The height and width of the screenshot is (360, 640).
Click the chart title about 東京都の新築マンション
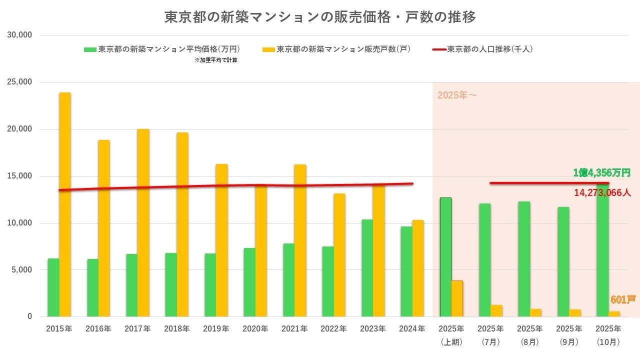click(320, 17)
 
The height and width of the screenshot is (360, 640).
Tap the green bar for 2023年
click(367, 268)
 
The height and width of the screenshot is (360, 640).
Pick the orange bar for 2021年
click(300, 240)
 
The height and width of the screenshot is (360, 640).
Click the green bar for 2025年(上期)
click(445, 257)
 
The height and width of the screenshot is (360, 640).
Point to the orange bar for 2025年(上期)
click(457, 298)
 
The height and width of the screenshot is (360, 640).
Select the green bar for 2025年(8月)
click(524, 259)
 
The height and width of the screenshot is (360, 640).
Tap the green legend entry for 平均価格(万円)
click(162, 49)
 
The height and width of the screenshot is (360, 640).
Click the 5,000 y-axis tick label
click(22, 270)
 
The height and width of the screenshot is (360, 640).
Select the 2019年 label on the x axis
click(216, 329)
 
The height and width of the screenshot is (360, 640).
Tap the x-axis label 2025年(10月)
click(608, 335)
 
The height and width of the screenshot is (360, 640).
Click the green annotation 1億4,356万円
click(601, 173)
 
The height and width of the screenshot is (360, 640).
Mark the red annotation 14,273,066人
click(602, 192)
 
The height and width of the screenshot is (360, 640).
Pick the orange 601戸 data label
click(622, 300)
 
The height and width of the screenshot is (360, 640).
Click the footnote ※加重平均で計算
click(215, 60)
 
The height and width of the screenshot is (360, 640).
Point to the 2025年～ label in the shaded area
click(457, 95)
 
